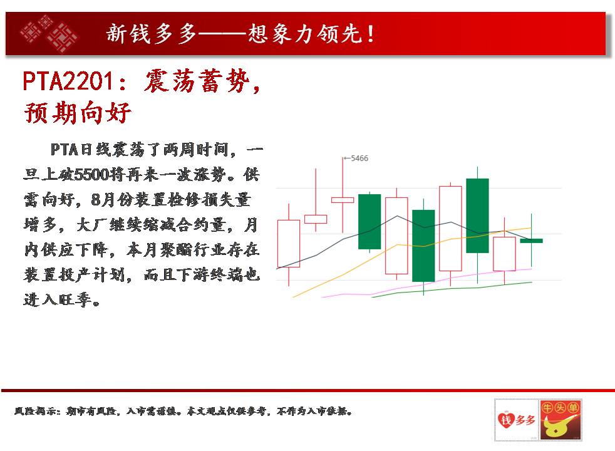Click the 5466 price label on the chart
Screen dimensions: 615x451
click(359, 158)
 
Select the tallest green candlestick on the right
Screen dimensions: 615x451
click(477, 215)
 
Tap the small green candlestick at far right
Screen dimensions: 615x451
click(532, 241)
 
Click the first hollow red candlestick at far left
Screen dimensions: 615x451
click(289, 244)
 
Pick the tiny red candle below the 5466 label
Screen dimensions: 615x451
click(343, 200)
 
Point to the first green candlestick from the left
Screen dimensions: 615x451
click(370, 222)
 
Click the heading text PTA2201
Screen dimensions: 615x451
click(68, 81)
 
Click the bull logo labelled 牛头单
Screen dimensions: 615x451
click(561, 420)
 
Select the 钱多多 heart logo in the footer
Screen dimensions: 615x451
click(517, 420)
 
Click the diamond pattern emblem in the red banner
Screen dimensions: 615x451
click(49, 33)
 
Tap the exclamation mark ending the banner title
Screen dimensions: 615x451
click(371, 34)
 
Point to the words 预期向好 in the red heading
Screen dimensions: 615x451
click(77, 113)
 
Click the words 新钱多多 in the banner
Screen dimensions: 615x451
click(151, 34)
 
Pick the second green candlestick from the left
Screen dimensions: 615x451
click(423, 246)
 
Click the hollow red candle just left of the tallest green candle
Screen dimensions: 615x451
click(450, 229)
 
